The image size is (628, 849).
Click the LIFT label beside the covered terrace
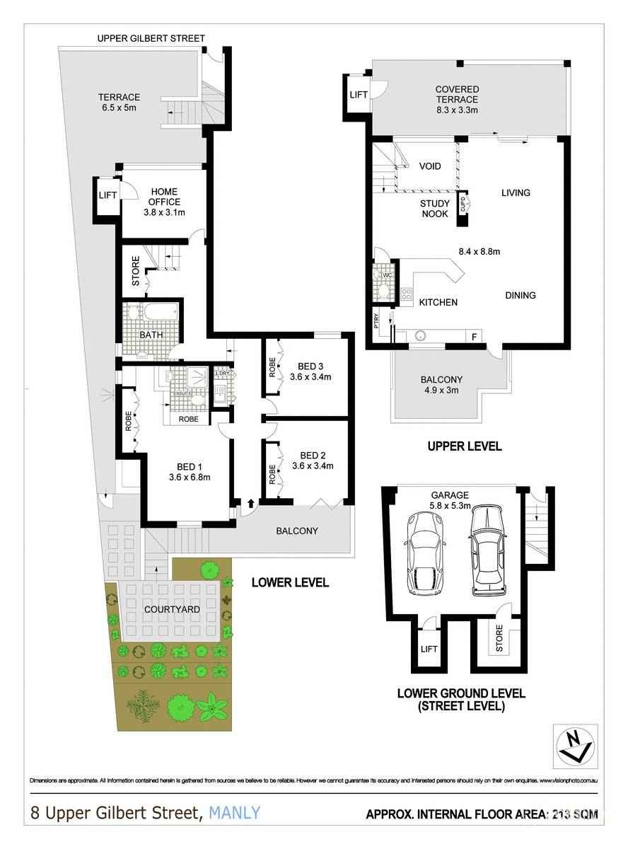point(359,94)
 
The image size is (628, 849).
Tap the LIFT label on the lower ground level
point(429,649)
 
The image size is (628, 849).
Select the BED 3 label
point(310,366)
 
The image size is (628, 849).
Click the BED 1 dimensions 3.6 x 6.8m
point(190,477)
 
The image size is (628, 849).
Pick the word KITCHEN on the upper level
point(438,302)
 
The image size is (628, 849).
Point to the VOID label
point(430,167)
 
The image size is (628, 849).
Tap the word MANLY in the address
point(234,813)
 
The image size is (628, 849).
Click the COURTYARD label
point(170,608)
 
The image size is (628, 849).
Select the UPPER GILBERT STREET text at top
point(151,38)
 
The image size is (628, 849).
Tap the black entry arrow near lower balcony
point(250,504)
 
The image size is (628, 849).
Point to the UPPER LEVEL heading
point(465,446)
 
